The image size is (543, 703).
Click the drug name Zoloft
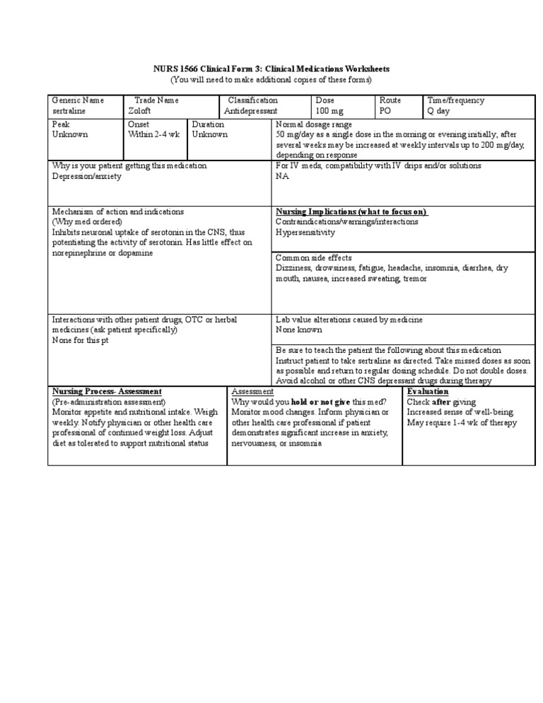(139, 112)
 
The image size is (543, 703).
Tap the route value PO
(386, 112)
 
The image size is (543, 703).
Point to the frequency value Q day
(438, 112)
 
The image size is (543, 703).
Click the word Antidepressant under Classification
(251, 112)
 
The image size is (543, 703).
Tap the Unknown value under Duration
(210, 134)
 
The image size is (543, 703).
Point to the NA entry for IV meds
(282, 176)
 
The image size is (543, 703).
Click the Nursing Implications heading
(351, 211)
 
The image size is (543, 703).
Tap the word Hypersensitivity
(305, 232)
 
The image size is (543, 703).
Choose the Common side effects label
(313, 258)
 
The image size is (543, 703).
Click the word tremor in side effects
(414, 279)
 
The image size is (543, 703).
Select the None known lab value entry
(298, 330)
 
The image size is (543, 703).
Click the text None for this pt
(81, 340)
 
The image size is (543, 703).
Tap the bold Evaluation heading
(428, 391)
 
